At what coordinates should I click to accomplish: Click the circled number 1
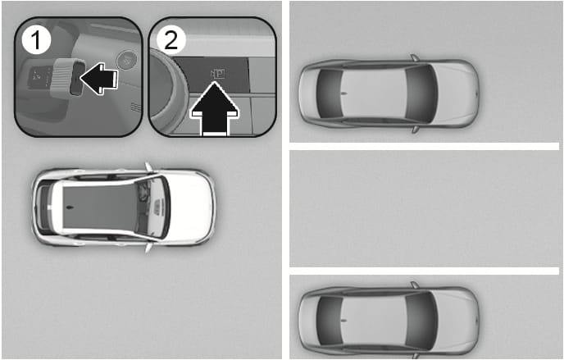(x=36, y=40)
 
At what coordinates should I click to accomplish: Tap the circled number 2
(x=171, y=40)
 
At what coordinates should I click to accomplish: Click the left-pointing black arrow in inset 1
(x=99, y=79)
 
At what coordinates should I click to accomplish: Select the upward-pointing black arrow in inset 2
(x=215, y=109)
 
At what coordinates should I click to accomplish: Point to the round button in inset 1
(x=127, y=59)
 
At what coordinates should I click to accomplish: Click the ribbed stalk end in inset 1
(x=64, y=77)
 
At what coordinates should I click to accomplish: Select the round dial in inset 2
(x=166, y=90)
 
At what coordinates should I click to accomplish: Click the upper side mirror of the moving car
(x=148, y=167)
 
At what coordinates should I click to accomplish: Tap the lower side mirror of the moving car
(x=148, y=248)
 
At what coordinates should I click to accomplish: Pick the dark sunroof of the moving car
(x=100, y=207)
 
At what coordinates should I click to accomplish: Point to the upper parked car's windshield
(x=421, y=94)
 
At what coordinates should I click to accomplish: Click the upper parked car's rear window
(x=330, y=93)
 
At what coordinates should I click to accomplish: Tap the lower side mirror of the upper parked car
(x=416, y=130)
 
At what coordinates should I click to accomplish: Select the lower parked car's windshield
(x=421, y=321)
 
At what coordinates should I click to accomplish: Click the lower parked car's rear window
(x=330, y=321)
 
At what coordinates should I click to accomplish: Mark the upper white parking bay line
(x=425, y=146)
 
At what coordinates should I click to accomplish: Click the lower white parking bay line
(x=425, y=271)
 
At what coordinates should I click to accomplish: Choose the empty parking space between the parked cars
(x=425, y=208)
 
